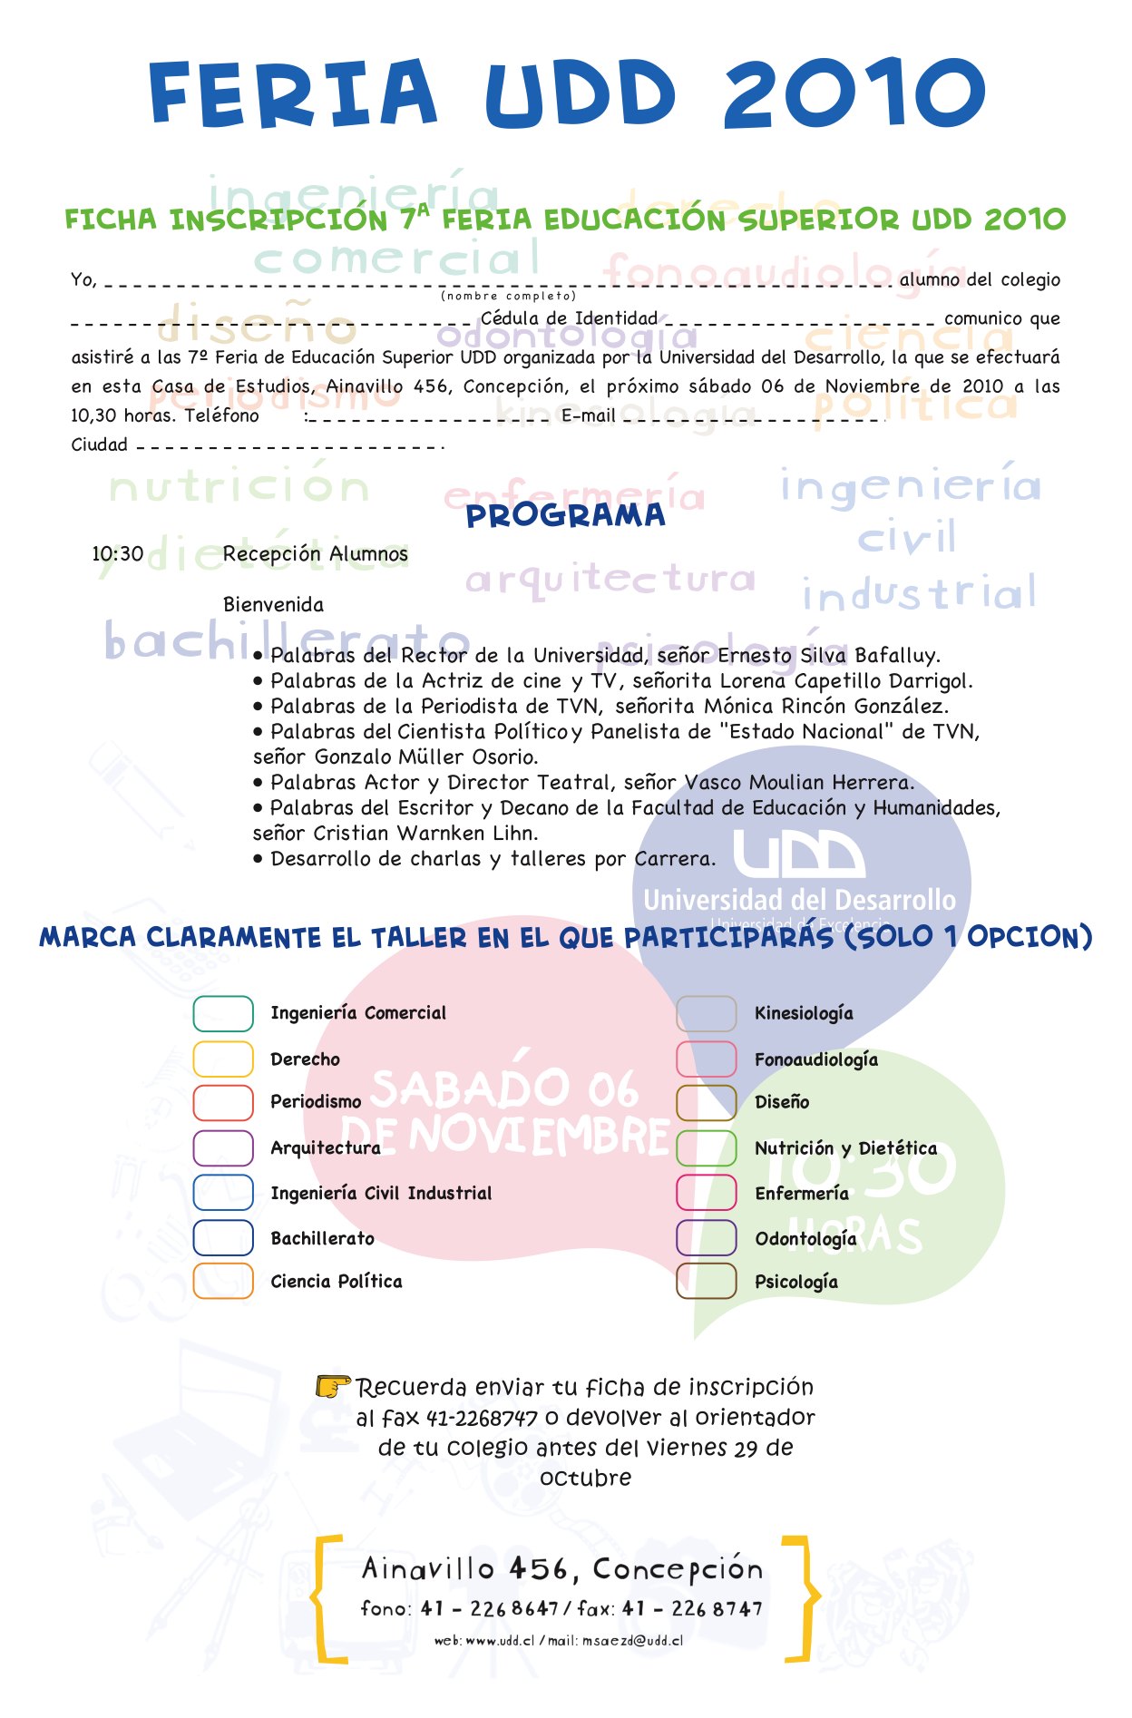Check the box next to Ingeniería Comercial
click(x=223, y=1013)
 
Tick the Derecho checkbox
click(x=223, y=1059)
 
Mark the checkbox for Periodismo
click(x=223, y=1102)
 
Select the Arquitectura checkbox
click(x=223, y=1147)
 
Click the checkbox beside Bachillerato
click(x=223, y=1237)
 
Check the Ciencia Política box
click(x=223, y=1281)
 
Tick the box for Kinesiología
click(x=706, y=1013)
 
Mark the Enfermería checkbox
click(x=706, y=1193)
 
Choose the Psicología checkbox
click(x=706, y=1281)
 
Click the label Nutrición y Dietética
click(x=845, y=1148)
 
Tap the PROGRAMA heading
click(x=565, y=516)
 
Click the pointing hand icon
click(x=332, y=1386)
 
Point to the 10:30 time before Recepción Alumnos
click(x=118, y=553)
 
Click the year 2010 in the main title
click(x=854, y=93)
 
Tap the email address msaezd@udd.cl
click(x=632, y=1640)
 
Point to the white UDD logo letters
click(x=798, y=855)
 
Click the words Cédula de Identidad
click(x=569, y=318)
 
